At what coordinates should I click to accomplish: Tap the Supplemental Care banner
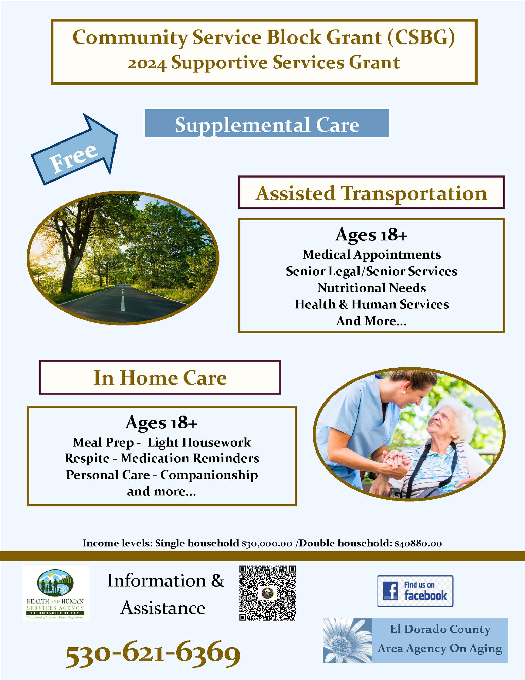[x=267, y=124]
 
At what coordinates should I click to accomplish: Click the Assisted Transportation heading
[x=371, y=193]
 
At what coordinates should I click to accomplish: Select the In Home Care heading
[x=160, y=377]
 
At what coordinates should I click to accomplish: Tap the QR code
[x=267, y=593]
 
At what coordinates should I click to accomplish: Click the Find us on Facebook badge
[x=415, y=591]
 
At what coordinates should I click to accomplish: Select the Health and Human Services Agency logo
[x=55, y=593]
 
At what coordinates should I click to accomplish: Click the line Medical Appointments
[x=371, y=254]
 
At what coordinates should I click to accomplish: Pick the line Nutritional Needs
[x=371, y=288]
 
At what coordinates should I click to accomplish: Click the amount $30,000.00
[x=267, y=543]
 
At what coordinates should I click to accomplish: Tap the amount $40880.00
[x=418, y=543]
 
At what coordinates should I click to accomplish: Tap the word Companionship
[x=209, y=475]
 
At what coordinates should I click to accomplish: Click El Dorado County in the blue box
[x=440, y=629]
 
